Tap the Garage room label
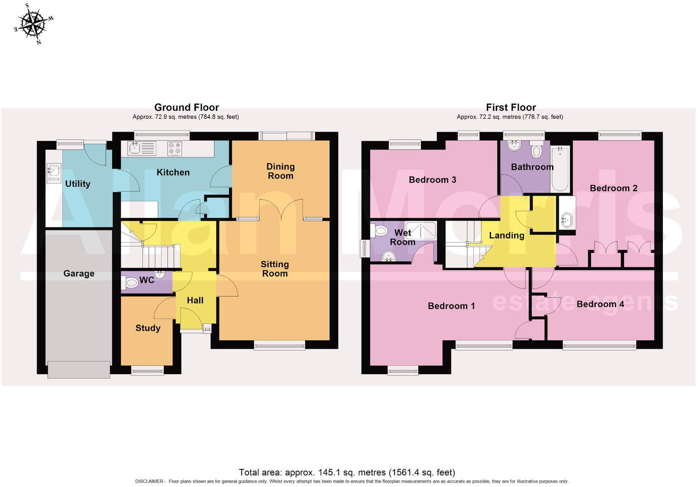(x=79, y=274)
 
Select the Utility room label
(x=78, y=184)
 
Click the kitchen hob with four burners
(x=174, y=148)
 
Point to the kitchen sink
(x=141, y=148)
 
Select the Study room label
(x=148, y=328)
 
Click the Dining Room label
(x=280, y=171)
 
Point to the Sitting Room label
(x=275, y=269)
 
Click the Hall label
(x=195, y=300)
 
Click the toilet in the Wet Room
(x=380, y=230)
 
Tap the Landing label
(x=506, y=235)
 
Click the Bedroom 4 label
(x=600, y=304)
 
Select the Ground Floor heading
(x=186, y=107)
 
